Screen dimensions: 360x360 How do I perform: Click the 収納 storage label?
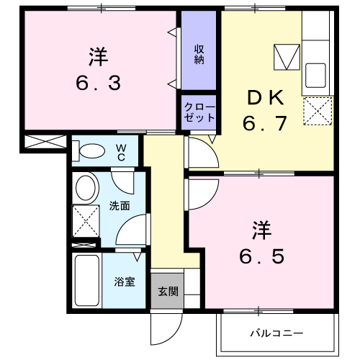(199, 55)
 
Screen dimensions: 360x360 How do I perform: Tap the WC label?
(121, 152)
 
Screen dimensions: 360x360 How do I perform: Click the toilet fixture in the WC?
(89, 151)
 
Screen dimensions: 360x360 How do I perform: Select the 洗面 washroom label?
(120, 206)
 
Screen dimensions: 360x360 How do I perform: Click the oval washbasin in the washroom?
(87, 189)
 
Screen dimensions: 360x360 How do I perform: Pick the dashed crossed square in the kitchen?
(318, 111)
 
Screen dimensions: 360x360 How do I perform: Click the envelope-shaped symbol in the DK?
(287, 56)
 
